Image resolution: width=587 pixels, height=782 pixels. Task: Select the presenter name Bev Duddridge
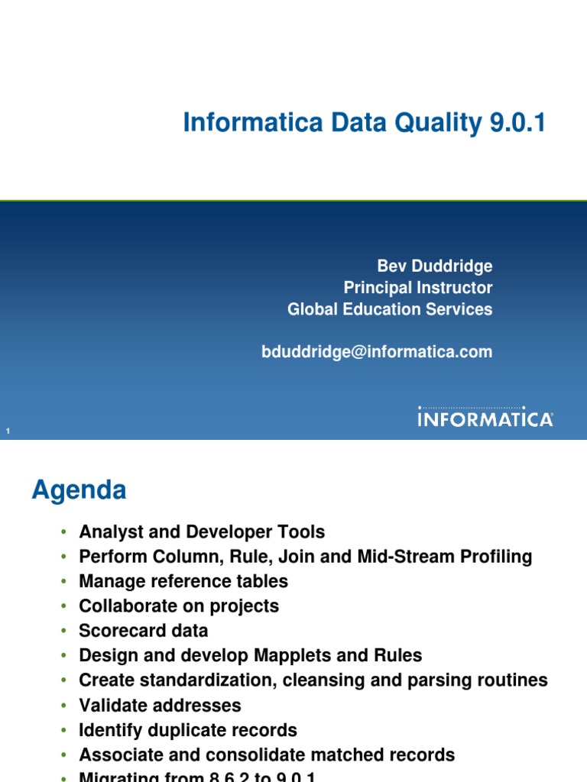(x=435, y=267)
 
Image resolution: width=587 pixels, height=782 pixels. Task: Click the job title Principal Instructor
(x=418, y=288)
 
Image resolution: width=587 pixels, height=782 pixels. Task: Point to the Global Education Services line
(x=390, y=309)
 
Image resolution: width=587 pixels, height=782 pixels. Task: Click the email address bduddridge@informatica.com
(x=377, y=352)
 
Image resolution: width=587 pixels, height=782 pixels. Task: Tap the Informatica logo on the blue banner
(x=485, y=418)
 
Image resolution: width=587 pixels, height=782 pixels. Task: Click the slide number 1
(x=8, y=432)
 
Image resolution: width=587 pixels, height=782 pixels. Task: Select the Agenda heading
(x=79, y=490)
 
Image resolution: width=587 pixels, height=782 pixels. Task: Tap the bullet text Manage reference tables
(x=183, y=581)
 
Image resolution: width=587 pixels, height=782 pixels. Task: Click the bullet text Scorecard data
(x=144, y=631)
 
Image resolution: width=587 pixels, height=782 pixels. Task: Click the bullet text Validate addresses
(x=160, y=705)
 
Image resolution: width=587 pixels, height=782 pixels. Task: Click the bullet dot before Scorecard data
(x=65, y=632)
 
